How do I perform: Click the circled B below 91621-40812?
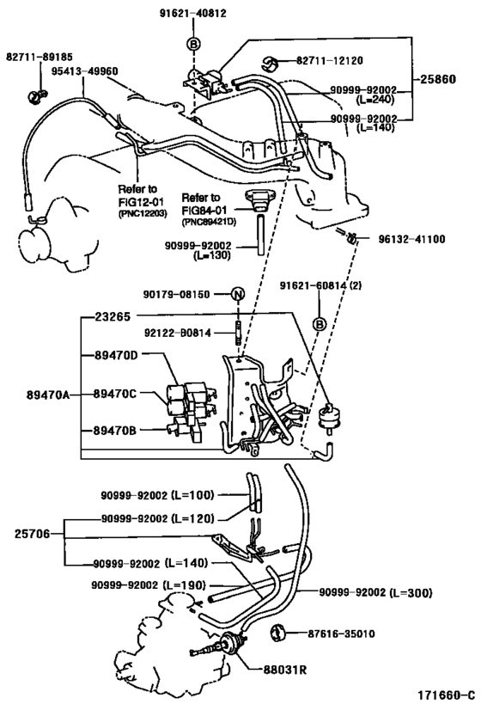point(193,44)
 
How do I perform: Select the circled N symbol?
point(237,295)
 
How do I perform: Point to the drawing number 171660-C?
point(446,694)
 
